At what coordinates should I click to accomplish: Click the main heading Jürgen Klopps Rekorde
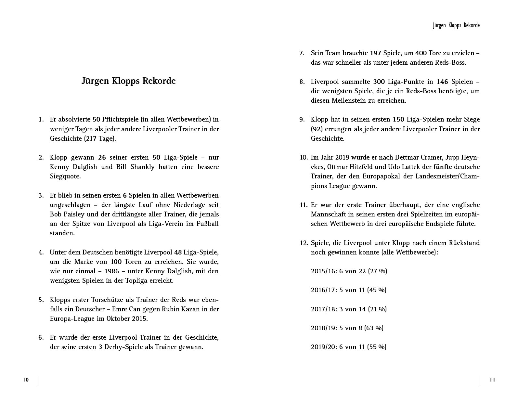[128, 81]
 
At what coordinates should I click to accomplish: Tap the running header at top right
[456, 25]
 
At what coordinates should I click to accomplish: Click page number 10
[26, 380]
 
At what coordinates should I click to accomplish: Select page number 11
[492, 380]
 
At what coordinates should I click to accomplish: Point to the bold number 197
[375, 53]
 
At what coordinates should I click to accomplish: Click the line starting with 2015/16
[349, 271]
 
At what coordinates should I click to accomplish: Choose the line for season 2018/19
[347, 328]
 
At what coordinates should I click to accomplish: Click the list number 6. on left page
[41, 337]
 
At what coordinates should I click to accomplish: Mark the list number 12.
[304, 243]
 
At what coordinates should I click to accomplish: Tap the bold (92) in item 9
[317, 129]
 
